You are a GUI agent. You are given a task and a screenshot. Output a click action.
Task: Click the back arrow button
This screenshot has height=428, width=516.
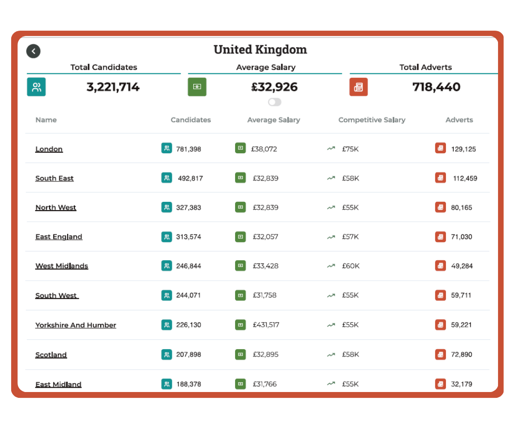pyautogui.click(x=33, y=51)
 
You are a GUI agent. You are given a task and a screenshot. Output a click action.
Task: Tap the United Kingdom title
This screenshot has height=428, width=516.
pyautogui.click(x=260, y=50)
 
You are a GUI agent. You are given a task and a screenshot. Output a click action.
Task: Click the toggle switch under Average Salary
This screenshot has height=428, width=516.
pyautogui.click(x=275, y=102)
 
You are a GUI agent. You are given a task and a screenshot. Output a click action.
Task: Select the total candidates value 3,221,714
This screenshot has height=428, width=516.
pyautogui.click(x=113, y=87)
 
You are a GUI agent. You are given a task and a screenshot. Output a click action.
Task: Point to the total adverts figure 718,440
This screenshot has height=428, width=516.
pyautogui.click(x=436, y=87)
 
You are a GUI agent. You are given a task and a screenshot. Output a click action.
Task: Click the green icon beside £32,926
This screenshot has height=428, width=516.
pyautogui.click(x=197, y=87)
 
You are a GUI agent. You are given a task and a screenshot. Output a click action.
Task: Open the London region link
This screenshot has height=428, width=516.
pyautogui.click(x=49, y=149)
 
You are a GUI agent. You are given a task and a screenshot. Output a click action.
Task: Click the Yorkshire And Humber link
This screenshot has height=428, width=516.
pyautogui.click(x=75, y=325)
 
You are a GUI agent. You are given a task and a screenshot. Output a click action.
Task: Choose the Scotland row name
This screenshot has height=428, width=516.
pyautogui.click(x=51, y=355)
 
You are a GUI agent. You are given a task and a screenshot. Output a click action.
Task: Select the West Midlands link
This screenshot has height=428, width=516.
pyautogui.click(x=62, y=266)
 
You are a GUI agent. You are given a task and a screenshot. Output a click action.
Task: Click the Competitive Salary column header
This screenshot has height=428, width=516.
pyautogui.click(x=372, y=120)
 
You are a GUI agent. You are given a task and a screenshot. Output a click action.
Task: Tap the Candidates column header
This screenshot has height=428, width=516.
pyautogui.click(x=191, y=120)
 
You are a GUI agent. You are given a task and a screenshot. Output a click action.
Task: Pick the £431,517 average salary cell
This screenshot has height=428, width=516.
pyautogui.click(x=266, y=325)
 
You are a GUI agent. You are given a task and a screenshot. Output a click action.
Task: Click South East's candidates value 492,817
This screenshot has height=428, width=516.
pyautogui.click(x=190, y=178)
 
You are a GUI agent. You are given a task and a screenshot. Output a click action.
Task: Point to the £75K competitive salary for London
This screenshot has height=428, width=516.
pyautogui.click(x=350, y=149)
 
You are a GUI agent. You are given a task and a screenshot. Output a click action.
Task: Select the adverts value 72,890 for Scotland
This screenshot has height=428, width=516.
pyautogui.click(x=461, y=355)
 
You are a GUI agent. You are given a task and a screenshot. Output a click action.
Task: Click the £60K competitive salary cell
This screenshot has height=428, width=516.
pyautogui.click(x=351, y=266)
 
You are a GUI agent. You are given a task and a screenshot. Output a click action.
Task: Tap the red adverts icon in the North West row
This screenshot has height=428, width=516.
pyautogui.click(x=441, y=207)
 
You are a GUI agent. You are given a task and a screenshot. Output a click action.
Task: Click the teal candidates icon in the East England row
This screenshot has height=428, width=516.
pyautogui.click(x=166, y=237)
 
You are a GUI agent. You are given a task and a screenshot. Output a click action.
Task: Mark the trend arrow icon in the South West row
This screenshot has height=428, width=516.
pyautogui.click(x=331, y=296)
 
